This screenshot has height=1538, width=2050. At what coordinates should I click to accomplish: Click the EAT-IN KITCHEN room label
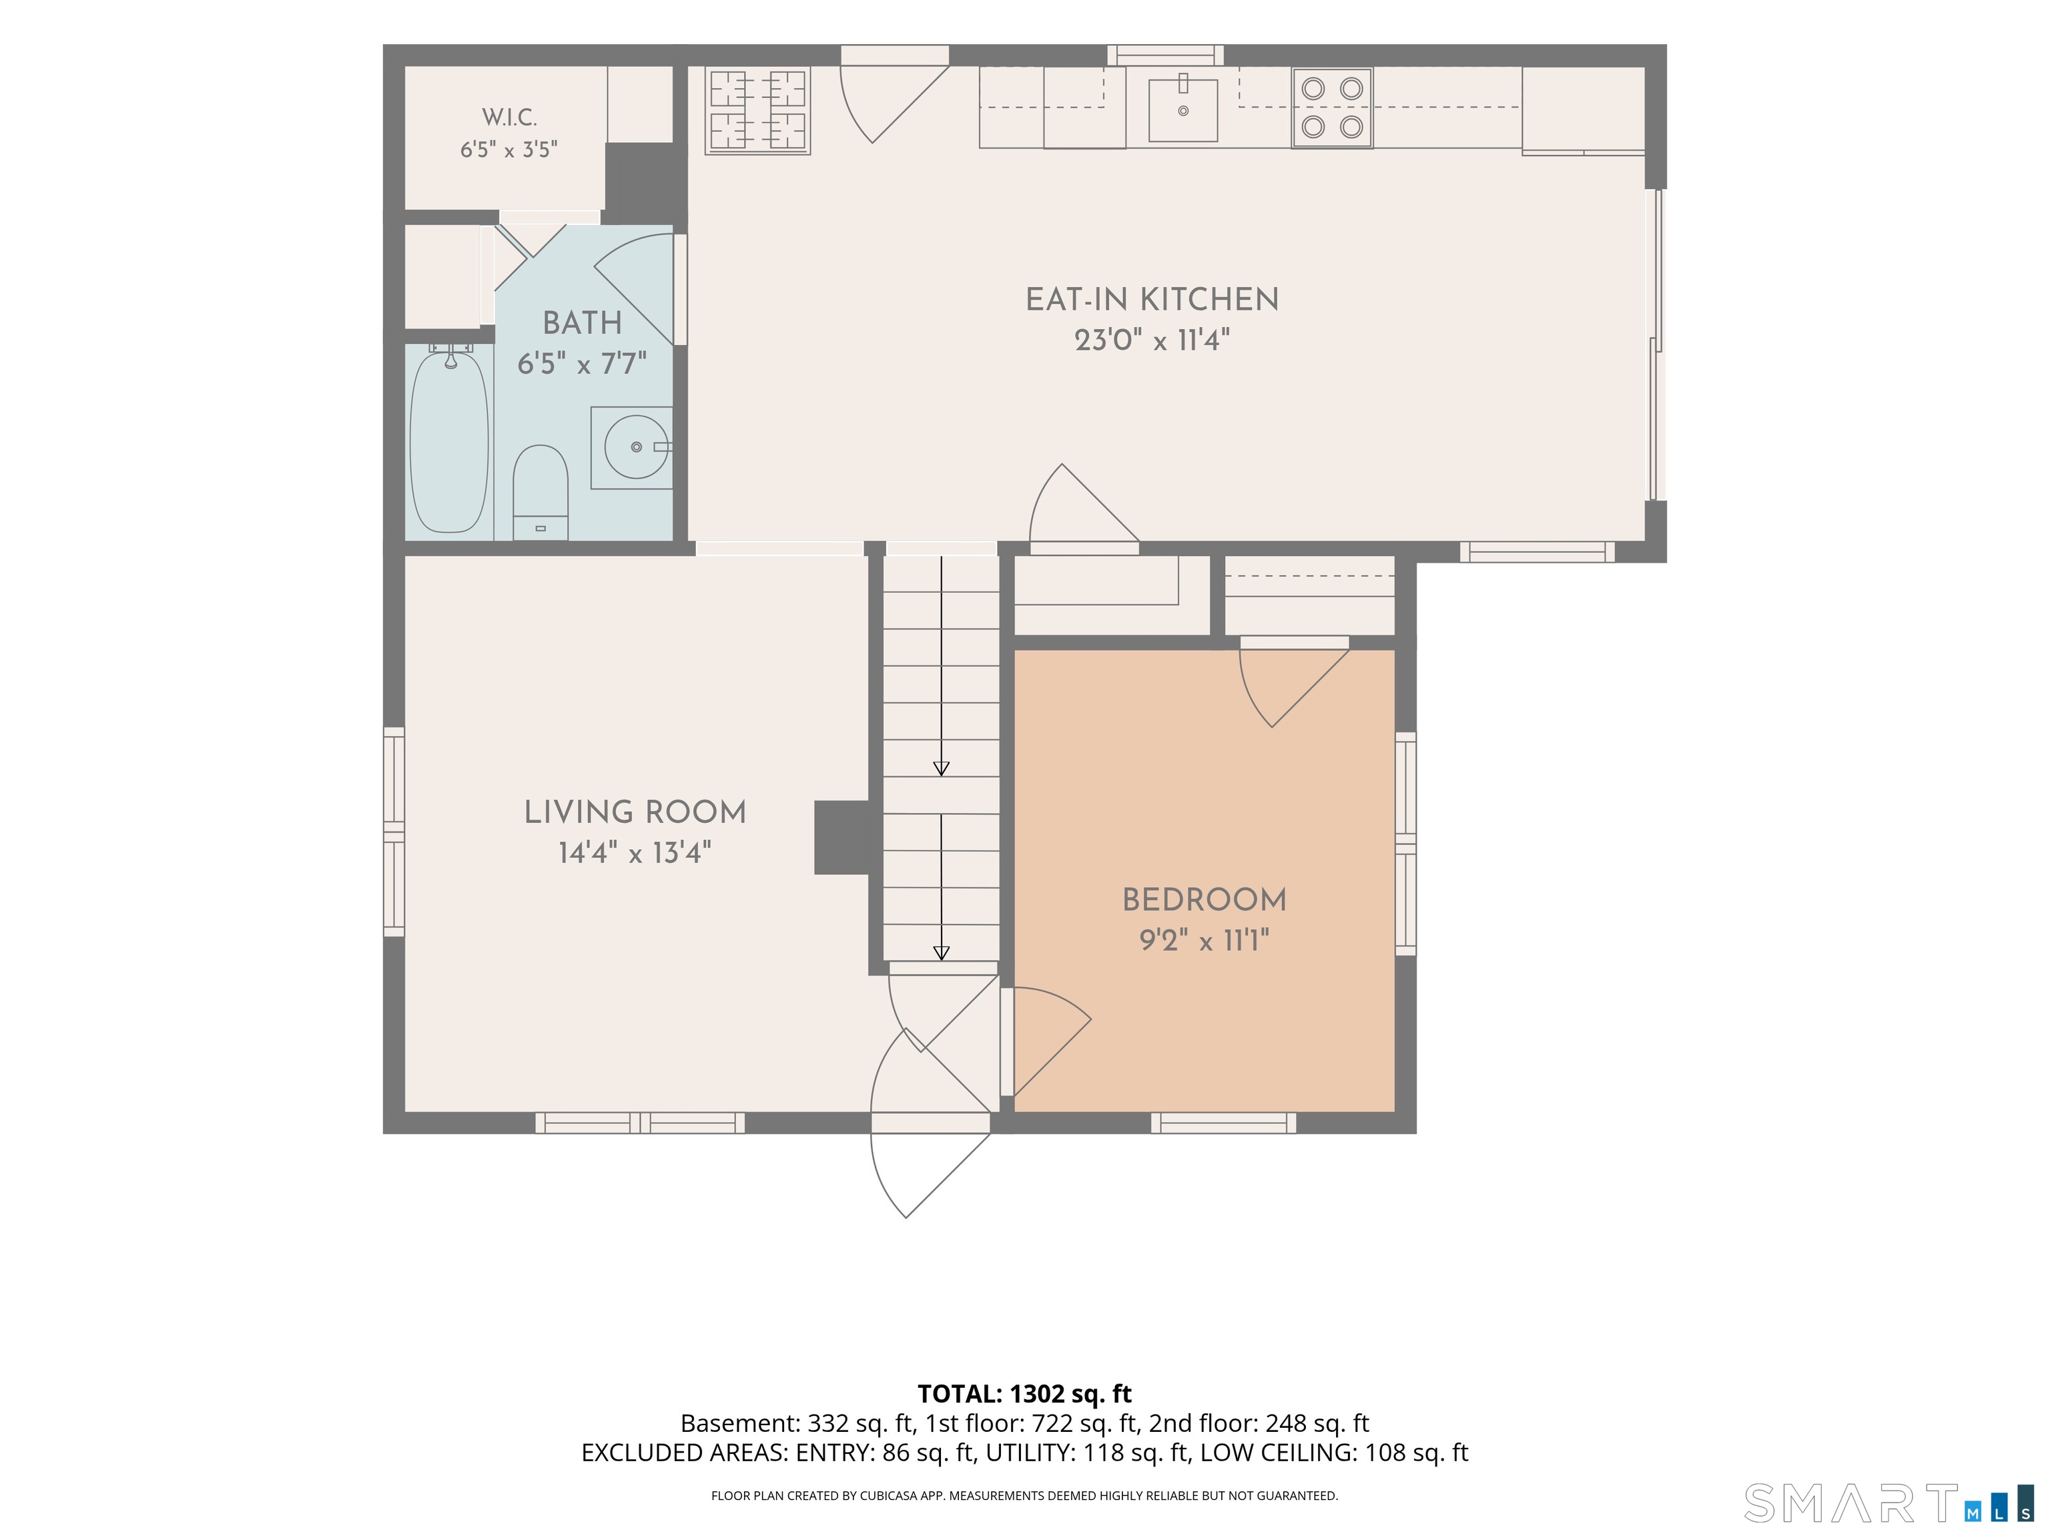(1152, 300)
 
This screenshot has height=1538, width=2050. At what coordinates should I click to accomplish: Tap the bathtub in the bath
(450, 441)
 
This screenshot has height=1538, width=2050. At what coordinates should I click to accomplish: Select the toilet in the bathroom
(541, 492)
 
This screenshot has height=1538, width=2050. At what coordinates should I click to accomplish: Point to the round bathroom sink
(636, 447)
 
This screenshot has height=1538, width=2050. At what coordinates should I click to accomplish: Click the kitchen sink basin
(1183, 110)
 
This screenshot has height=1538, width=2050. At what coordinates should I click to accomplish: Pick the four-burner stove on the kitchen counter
(1332, 107)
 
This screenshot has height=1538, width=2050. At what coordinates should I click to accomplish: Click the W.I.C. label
(508, 117)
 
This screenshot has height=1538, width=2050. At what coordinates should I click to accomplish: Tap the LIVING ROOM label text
(635, 813)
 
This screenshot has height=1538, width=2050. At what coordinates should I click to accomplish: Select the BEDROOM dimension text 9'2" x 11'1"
(1204, 941)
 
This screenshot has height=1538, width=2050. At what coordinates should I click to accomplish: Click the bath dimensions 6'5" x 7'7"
(582, 363)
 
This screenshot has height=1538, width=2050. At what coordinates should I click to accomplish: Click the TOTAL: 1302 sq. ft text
(1025, 1394)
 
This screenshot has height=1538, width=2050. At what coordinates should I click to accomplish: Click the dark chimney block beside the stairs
(841, 837)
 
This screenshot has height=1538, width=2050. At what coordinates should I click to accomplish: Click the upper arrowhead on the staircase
(942, 768)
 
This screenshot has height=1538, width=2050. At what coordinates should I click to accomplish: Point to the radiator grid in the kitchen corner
(758, 109)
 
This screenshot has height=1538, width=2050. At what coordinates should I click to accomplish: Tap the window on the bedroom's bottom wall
(1223, 1123)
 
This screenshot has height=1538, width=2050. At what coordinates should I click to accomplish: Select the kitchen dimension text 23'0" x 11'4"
(1152, 340)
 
